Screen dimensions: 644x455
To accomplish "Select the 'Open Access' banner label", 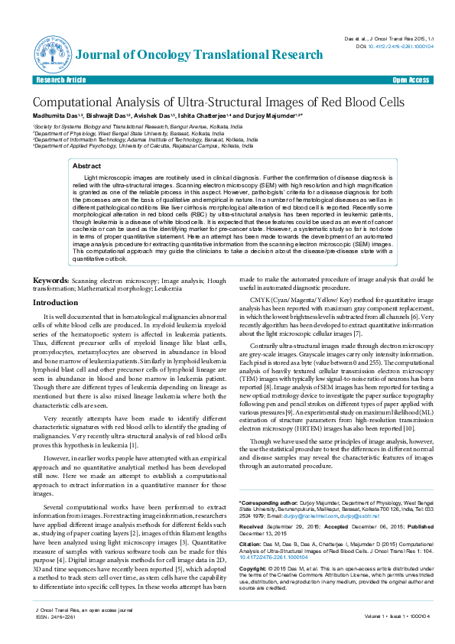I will tap(411, 80).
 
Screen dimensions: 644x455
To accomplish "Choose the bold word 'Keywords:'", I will tap(51, 281).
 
